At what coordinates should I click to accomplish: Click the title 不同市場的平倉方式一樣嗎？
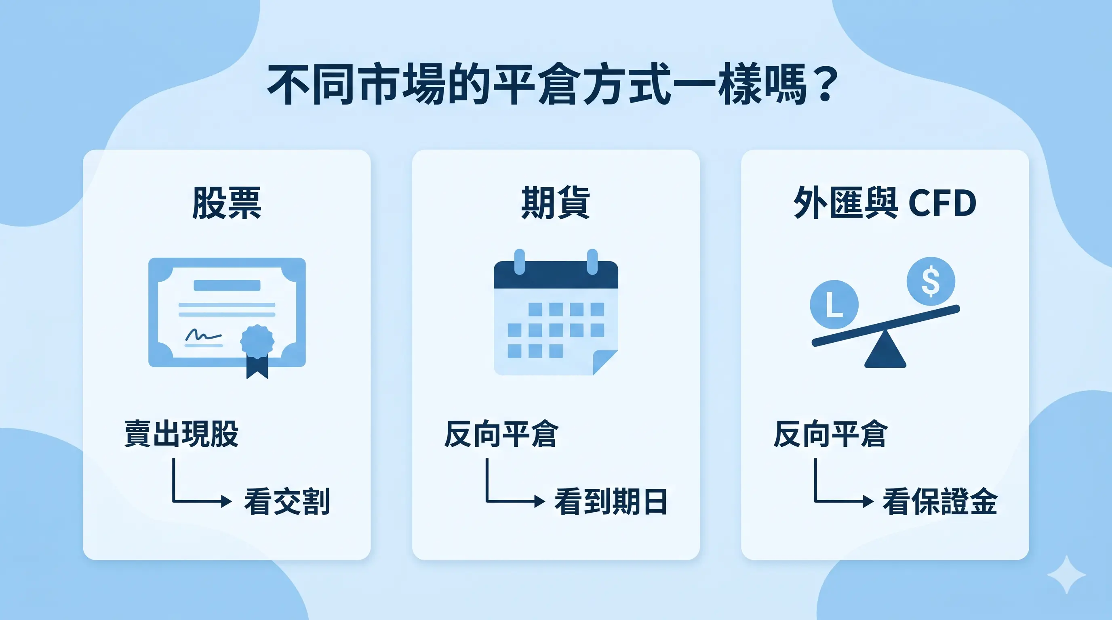click(x=552, y=84)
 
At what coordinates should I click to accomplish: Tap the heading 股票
click(x=227, y=203)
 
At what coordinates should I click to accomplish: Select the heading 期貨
click(x=556, y=203)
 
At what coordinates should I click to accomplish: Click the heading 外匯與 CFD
click(x=885, y=203)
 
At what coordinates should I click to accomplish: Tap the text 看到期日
click(x=611, y=501)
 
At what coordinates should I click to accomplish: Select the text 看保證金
click(x=940, y=501)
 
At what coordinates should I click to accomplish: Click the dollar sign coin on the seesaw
click(x=931, y=281)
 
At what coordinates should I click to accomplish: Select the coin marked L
click(x=834, y=304)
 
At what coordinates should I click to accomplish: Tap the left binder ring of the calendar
click(x=520, y=262)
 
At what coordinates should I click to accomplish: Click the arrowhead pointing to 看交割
click(x=226, y=501)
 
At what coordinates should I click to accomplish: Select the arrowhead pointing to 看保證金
click(x=868, y=501)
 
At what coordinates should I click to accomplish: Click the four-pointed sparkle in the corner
click(x=1066, y=575)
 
